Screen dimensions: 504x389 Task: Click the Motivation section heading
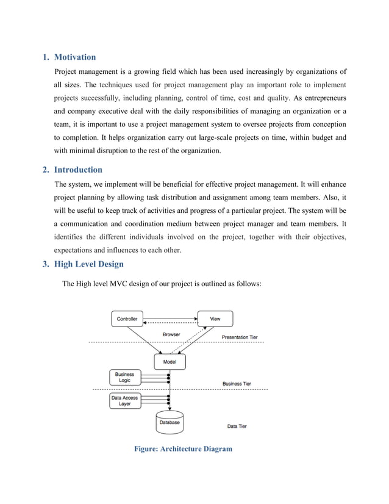(x=75, y=57)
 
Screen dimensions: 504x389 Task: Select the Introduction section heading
(x=78, y=170)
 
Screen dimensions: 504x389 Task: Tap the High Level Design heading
(x=89, y=264)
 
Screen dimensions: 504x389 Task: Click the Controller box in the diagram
(x=127, y=319)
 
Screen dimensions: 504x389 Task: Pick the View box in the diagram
(x=215, y=319)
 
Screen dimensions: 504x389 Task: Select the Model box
(x=170, y=362)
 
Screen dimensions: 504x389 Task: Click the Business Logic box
(x=124, y=378)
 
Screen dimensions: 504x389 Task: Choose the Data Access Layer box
(x=124, y=400)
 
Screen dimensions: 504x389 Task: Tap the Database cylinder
(x=170, y=423)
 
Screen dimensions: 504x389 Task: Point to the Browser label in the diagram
(x=171, y=334)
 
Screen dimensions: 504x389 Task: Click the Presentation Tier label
(x=239, y=337)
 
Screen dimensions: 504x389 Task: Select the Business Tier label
(x=237, y=384)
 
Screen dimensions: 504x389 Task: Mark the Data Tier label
(x=237, y=426)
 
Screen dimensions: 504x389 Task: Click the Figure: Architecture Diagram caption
(x=183, y=449)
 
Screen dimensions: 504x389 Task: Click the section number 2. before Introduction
(x=45, y=170)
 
